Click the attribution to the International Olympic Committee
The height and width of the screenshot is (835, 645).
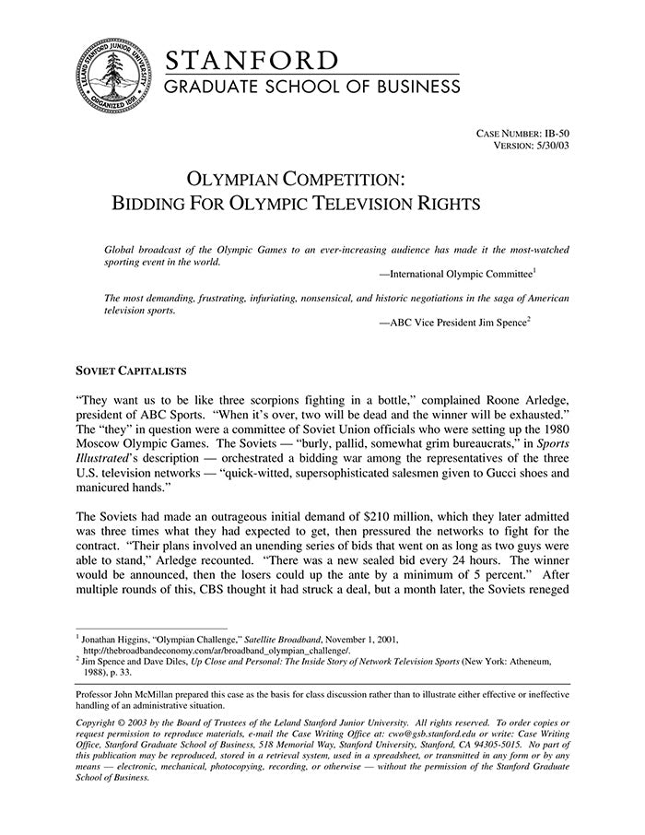pyautogui.click(x=460, y=275)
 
